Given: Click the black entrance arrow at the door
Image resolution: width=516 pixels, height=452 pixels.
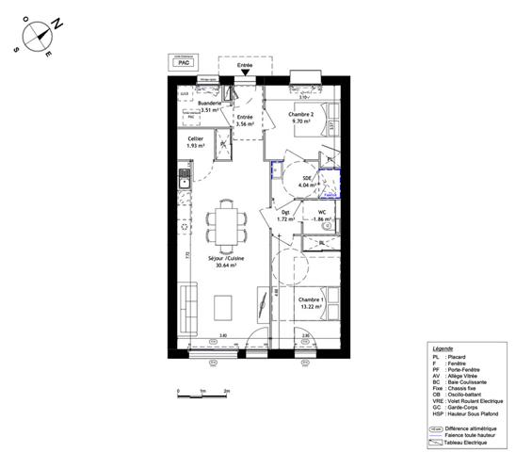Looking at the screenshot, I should coord(245,73).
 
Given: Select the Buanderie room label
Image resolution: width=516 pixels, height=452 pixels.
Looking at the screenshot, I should coord(202,104).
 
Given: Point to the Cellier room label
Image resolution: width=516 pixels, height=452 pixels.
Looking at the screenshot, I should coord(195,139).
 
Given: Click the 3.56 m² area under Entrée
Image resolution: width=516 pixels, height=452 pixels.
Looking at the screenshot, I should coord(246,124).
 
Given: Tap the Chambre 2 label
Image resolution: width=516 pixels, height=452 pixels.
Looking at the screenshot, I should coord(301,114).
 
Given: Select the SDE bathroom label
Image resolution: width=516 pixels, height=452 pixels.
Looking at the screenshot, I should coord(307,178).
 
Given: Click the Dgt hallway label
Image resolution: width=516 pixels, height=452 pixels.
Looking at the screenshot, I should coord(285,212).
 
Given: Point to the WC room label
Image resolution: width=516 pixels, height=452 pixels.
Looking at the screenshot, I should coord(322,212).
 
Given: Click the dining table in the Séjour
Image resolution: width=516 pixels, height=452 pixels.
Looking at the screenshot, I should coord(224,223).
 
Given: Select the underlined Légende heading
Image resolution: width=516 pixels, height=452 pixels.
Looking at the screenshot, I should coord(443,347).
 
